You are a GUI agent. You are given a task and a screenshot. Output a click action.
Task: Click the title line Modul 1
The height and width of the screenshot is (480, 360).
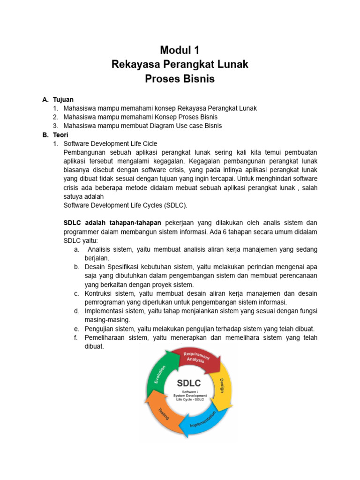[x=180, y=50]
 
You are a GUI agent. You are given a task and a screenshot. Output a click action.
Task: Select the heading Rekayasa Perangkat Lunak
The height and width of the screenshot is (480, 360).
[x=180, y=64]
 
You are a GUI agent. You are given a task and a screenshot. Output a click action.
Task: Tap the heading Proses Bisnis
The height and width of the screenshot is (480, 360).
[x=180, y=79]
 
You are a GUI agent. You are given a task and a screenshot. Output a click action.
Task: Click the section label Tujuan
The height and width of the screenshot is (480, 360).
[x=63, y=100]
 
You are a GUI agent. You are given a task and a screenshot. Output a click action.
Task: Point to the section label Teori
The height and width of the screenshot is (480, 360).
[x=61, y=135]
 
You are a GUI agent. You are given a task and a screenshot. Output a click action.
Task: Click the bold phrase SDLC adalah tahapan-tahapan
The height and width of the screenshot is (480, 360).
[x=112, y=223]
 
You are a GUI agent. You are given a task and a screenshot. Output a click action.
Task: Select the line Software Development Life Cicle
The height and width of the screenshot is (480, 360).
[x=110, y=144]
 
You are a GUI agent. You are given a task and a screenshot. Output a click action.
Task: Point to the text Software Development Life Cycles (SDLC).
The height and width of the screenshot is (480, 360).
[x=125, y=205]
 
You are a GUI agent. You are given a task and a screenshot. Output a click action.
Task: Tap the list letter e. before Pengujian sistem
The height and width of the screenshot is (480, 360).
[x=76, y=329]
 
